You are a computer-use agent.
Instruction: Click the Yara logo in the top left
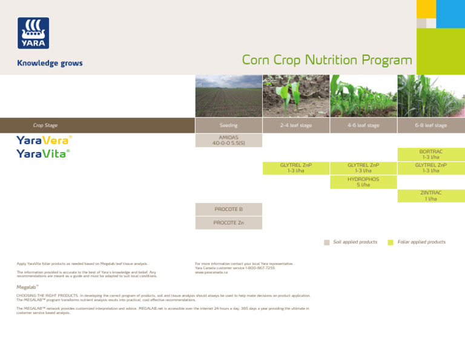(x=33, y=33)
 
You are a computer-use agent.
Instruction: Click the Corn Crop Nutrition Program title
(x=327, y=61)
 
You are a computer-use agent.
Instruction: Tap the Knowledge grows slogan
(x=50, y=63)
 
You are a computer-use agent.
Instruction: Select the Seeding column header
(x=228, y=125)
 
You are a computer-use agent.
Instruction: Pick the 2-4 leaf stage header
(x=296, y=125)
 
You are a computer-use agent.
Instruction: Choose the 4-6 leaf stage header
(x=363, y=125)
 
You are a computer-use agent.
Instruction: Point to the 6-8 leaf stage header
(x=431, y=125)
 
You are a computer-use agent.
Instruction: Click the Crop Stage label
(x=45, y=125)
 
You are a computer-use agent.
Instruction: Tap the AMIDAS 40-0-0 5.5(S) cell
(x=228, y=141)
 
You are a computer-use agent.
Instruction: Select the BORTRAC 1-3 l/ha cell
(x=431, y=154)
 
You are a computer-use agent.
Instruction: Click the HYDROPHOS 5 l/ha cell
(x=363, y=182)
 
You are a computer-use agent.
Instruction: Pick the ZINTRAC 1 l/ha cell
(x=431, y=196)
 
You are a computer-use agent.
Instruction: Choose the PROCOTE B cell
(x=228, y=210)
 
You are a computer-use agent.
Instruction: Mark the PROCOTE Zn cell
(x=228, y=223)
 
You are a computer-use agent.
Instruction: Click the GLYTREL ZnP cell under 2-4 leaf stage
(x=296, y=168)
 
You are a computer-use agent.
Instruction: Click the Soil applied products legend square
(x=327, y=242)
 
